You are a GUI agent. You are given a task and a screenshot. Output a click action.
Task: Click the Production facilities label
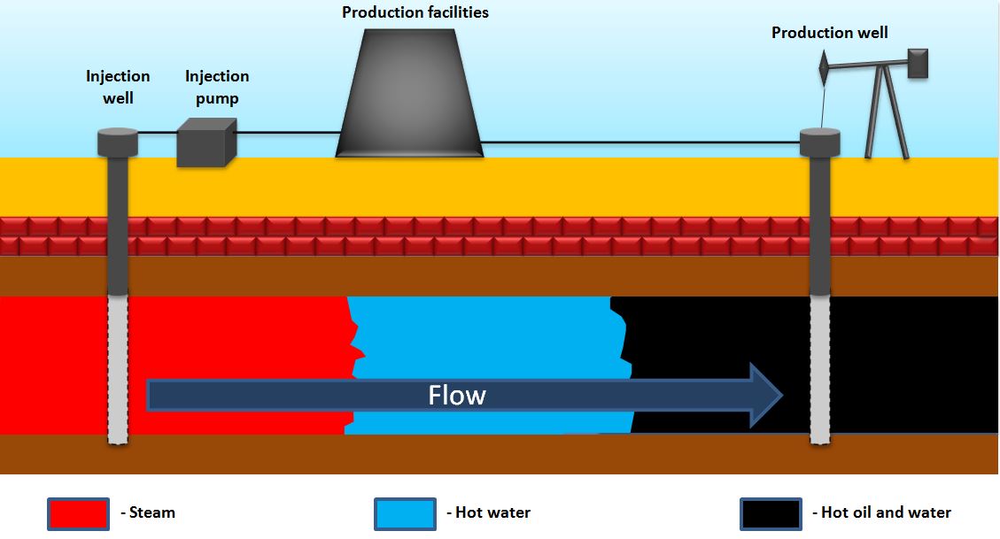(x=415, y=12)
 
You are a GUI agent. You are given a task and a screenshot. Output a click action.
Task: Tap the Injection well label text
(x=118, y=87)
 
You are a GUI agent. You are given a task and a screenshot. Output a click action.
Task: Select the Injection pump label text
(x=217, y=87)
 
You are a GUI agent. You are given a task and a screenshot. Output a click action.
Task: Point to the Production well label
(x=829, y=33)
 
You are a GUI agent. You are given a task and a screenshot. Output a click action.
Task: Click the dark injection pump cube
(x=205, y=142)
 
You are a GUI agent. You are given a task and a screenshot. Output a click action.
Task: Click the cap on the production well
(x=819, y=142)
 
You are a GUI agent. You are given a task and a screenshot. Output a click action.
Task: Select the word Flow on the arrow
(x=457, y=395)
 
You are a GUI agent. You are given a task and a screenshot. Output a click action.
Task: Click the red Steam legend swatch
(x=78, y=512)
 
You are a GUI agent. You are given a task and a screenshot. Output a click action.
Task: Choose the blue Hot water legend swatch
(x=405, y=512)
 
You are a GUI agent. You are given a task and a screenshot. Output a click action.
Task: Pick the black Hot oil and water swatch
(x=771, y=512)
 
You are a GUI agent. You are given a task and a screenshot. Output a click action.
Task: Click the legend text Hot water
(x=492, y=512)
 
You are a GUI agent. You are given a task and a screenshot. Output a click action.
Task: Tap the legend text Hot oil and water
(x=885, y=512)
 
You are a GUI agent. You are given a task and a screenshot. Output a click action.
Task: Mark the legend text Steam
(x=151, y=512)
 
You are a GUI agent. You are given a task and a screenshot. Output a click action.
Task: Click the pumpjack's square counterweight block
(x=918, y=63)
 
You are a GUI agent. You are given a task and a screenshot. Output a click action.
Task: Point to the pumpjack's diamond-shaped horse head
(x=824, y=65)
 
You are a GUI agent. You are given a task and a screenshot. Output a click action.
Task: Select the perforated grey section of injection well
(x=118, y=367)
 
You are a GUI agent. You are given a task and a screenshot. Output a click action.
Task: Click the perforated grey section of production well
(x=820, y=367)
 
